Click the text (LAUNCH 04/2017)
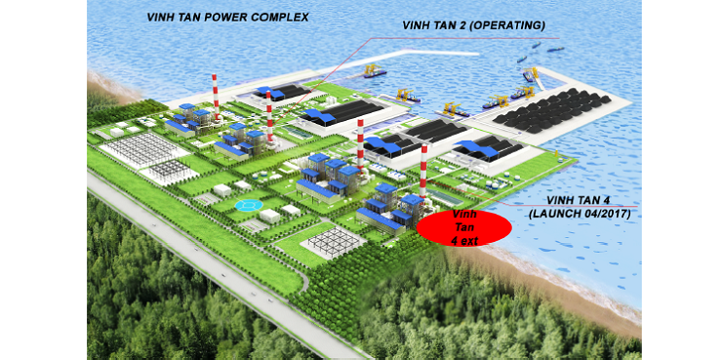pyautogui.click(x=580, y=214)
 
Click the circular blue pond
pyautogui.click(x=248, y=205)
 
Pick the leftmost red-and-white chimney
pyautogui.click(x=215, y=96)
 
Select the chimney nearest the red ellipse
pyautogui.click(x=423, y=171)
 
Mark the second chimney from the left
pyautogui.click(x=269, y=116)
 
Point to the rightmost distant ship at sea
pyautogui.click(x=556, y=49)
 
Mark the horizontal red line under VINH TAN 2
pyautogui.click(x=464, y=38)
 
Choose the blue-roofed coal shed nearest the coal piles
pyautogui.click(x=488, y=148)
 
